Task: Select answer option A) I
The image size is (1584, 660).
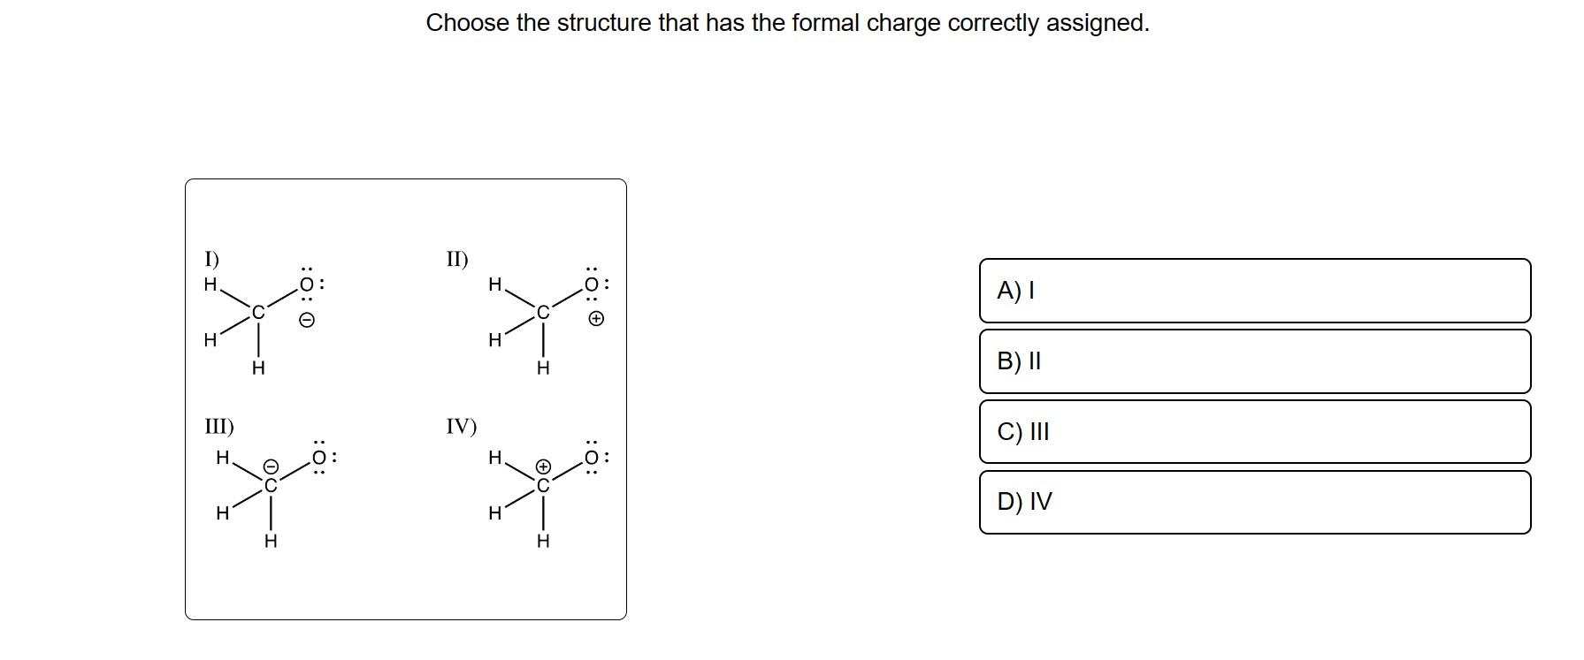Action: point(1254,291)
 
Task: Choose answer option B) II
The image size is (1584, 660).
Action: point(1254,361)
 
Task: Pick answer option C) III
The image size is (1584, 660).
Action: point(1254,431)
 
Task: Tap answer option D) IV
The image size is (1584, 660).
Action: point(1254,502)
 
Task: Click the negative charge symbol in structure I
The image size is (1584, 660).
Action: point(306,320)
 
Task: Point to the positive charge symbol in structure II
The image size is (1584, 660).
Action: point(597,319)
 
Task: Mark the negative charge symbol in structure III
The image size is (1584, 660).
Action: point(272,466)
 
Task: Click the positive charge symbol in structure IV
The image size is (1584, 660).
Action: point(545,466)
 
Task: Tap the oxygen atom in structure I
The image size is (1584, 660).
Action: point(306,284)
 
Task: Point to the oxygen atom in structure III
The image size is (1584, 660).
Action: point(320,458)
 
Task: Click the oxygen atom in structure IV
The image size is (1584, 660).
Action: point(593,458)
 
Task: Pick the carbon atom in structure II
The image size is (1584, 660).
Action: point(543,312)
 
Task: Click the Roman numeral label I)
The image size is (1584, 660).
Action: point(212,259)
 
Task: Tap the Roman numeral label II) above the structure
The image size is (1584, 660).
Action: point(457,259)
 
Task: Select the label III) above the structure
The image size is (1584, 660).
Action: point(219,427)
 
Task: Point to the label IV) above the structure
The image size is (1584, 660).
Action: point(461,427)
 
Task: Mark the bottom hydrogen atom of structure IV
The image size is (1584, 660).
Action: point(543,541)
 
